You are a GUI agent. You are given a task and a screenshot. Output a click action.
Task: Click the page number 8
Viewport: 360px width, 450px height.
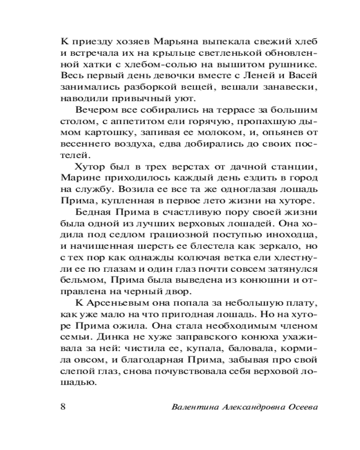tap(63, 406)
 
